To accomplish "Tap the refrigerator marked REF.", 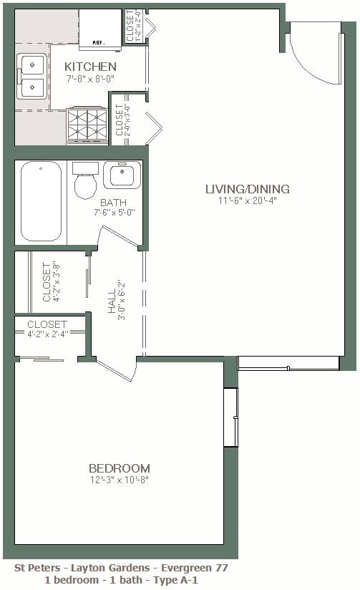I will [x=99, y=29].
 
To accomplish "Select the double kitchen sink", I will [x=32, y=77].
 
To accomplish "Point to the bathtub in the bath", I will [x=41, y=201].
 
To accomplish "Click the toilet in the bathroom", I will [x=86, y=182].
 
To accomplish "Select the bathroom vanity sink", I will [x=122, y=174].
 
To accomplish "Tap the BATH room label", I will [x=113, y=203].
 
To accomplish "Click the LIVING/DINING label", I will [x=247, y=189].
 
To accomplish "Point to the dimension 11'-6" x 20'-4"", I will [x=247, y=201].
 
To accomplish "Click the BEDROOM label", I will [x=120, y=468].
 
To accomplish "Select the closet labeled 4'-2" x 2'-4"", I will [x=48, y=329].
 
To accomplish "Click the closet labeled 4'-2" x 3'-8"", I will [x=49, y=282].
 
